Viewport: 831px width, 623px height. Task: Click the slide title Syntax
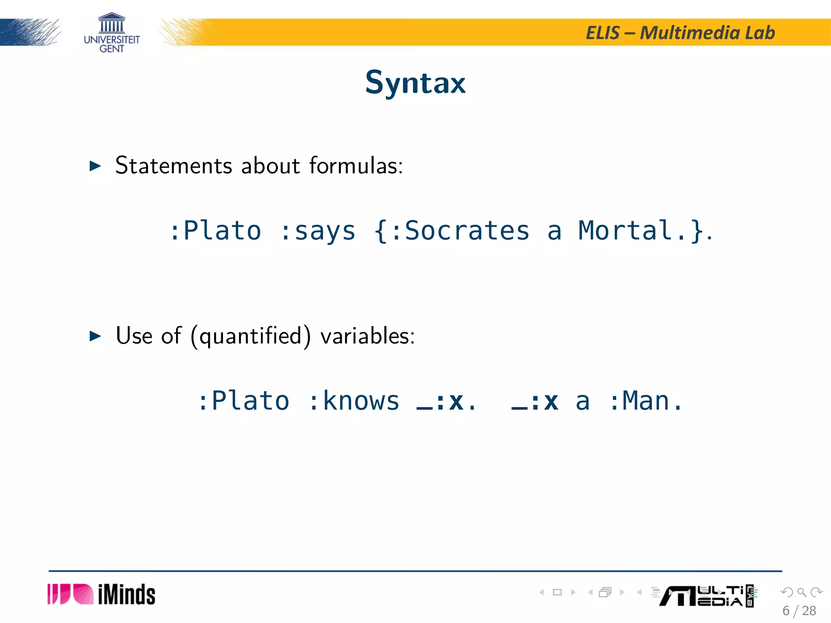(x=415, y=83)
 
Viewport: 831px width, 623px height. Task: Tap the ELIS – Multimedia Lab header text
(x=680, y=33)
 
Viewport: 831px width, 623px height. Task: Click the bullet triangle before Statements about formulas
(x=95, y=166)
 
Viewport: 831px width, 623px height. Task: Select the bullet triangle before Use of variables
(x=95, y=336)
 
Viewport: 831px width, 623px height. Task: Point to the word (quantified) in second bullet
(x=250, y=336)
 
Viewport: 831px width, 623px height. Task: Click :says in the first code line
(x=318, y=231)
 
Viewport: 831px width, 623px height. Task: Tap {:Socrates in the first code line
(x=452, y=231)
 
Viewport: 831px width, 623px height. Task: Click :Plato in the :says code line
(x=215, y=231)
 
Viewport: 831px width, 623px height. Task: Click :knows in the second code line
(x=354, y=401)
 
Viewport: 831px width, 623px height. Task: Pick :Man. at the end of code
(x=646, y=401)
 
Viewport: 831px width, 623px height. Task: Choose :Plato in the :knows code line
(x=243, y=401)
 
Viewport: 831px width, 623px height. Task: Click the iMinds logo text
(x=126, y=595)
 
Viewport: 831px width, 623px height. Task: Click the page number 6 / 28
(x=799, y=611)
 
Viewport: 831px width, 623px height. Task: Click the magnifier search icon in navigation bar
(x=801, y=592)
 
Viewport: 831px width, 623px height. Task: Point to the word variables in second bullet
(x=367, y=336)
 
